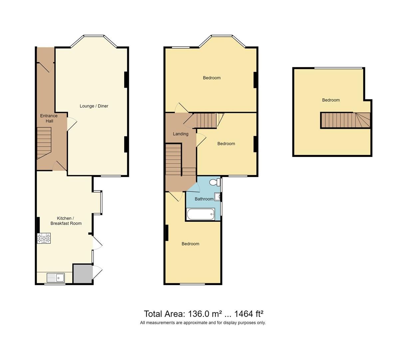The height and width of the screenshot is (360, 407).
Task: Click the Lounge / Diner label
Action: [x=94, y=106]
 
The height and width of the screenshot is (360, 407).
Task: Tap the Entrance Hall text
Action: [x=49, y=118]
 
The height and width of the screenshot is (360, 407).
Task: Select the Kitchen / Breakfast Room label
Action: [x=66, y=221]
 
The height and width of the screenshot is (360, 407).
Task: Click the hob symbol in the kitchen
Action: [x=44, y=238]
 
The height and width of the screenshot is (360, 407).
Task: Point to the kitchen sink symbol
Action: [x=56, y=277]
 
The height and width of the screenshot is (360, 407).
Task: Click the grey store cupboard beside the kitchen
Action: [x=83, y=274]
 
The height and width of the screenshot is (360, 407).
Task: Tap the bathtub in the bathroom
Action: [x=201, y=214]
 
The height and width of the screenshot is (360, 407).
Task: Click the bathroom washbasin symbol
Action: [x=217, y=197]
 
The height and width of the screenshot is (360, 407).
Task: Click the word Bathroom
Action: [x=204, y=199]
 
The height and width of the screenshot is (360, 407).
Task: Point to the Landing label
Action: [x=181, y=134]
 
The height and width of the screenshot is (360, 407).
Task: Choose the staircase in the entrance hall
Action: [x=44, y=143]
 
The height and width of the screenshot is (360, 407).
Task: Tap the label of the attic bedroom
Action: [x=331, y=100]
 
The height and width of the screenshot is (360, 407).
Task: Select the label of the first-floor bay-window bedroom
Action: [x=211, y=78]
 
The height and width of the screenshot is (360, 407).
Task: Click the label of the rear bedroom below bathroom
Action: [x=190, y=244]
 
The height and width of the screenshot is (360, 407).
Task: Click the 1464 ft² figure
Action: [x=249, y=314]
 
